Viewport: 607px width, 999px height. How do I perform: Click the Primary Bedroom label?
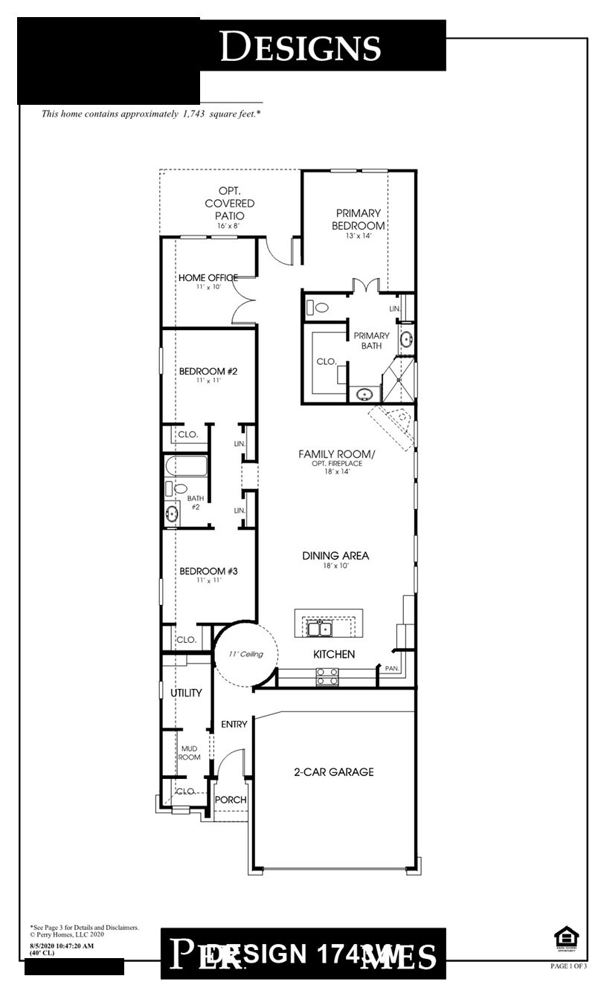(358, 219)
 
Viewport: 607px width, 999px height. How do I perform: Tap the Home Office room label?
(208, 278)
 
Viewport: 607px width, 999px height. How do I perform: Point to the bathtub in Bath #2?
(186, 468)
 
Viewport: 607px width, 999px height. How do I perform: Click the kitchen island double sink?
(321, 629)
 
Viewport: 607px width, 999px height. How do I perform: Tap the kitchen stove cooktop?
(327, 676)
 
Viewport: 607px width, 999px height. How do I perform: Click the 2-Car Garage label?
(333, 772)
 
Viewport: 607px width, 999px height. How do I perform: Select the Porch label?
(230, 800)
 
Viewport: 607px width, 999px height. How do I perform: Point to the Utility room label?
(186, 693)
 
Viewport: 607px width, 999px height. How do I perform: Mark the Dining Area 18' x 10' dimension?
(335, 566)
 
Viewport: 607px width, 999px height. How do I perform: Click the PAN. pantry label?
(391, 668)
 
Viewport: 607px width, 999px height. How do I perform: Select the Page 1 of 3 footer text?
(568, 966)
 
